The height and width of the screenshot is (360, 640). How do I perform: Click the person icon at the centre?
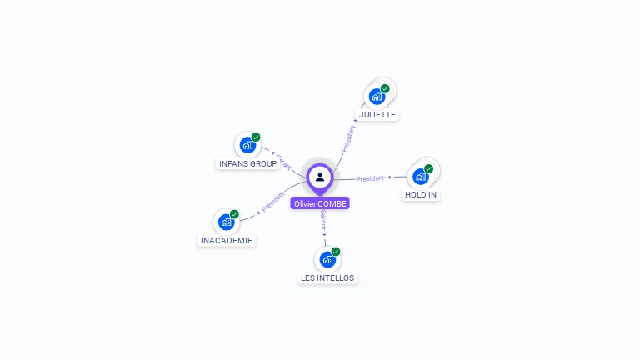pyautogui.click(x=320, y=177)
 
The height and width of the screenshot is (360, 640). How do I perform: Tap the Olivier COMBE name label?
pyautogui.click(x=320, y=203)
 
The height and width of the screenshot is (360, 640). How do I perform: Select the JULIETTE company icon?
pyautogui.click(x=377, y=97)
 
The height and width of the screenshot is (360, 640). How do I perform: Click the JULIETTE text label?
pyautogui.click(x=377, y=114)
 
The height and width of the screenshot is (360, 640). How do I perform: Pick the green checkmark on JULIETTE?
pyautogui.click(x=385, y=88)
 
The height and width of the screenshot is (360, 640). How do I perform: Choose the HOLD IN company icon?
pyautogui.click(x=421, y=177)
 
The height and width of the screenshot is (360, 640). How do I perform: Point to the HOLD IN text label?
pyautogui.click(x=421, y=194)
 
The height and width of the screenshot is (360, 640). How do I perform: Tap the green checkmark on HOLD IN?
pyautogui.click(x=428, y=168)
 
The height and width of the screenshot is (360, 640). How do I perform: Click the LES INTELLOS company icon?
pyautogui.click(x=327, y=259)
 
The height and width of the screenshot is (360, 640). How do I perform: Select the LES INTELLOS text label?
pyautogui.click(x=327, y=277)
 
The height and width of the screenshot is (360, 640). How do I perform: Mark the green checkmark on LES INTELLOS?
pyautogui.click(x=336, y=252)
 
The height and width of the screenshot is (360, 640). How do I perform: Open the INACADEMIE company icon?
pyautogui.click(x=226, y=222)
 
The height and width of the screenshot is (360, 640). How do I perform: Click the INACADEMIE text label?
pyautogui.click(x=227, y=240)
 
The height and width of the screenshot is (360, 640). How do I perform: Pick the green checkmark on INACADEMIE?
pyautogui.click(x=234, y=214)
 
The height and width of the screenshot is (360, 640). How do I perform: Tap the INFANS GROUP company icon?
pyautogui.click(x=247, y=145)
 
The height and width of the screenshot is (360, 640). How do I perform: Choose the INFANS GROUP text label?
pyautogui.click(x=247, y=163)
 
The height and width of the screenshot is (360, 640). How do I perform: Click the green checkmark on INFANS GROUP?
pyautogui.click(x=256, y=137)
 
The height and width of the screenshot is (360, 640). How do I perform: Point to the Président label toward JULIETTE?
pyautogui.click(x=348, y=137)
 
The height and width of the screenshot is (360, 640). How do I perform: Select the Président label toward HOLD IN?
pyautogui.click(x=370, y=178)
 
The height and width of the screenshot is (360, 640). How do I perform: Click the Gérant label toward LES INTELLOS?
pyautogui.click(x=323, y=219)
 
